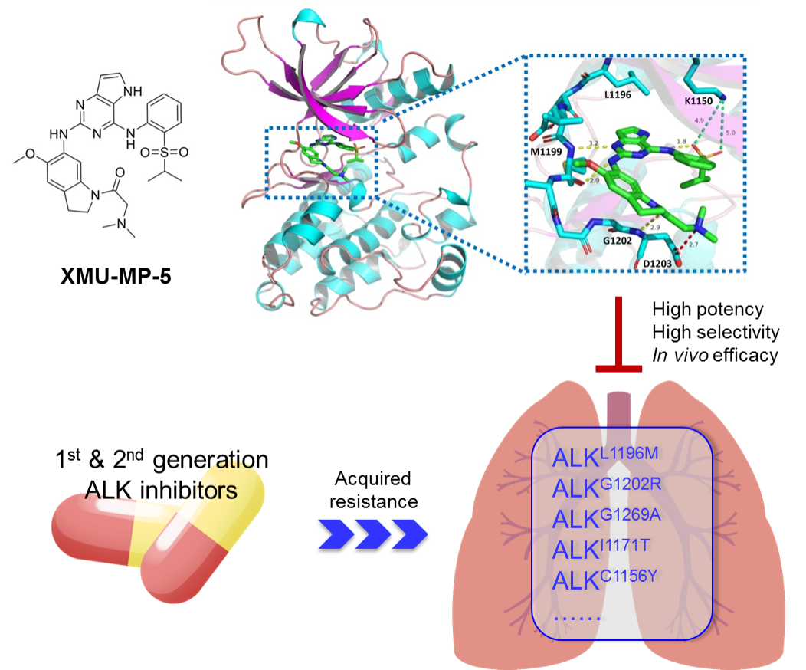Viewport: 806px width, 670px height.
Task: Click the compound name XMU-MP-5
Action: click(116, 274)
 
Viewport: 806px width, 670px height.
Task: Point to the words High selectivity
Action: click(716, 332)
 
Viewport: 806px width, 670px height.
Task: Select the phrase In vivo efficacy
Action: click(716, 354)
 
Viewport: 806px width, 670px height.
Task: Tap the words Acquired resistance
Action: click(373, 491)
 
